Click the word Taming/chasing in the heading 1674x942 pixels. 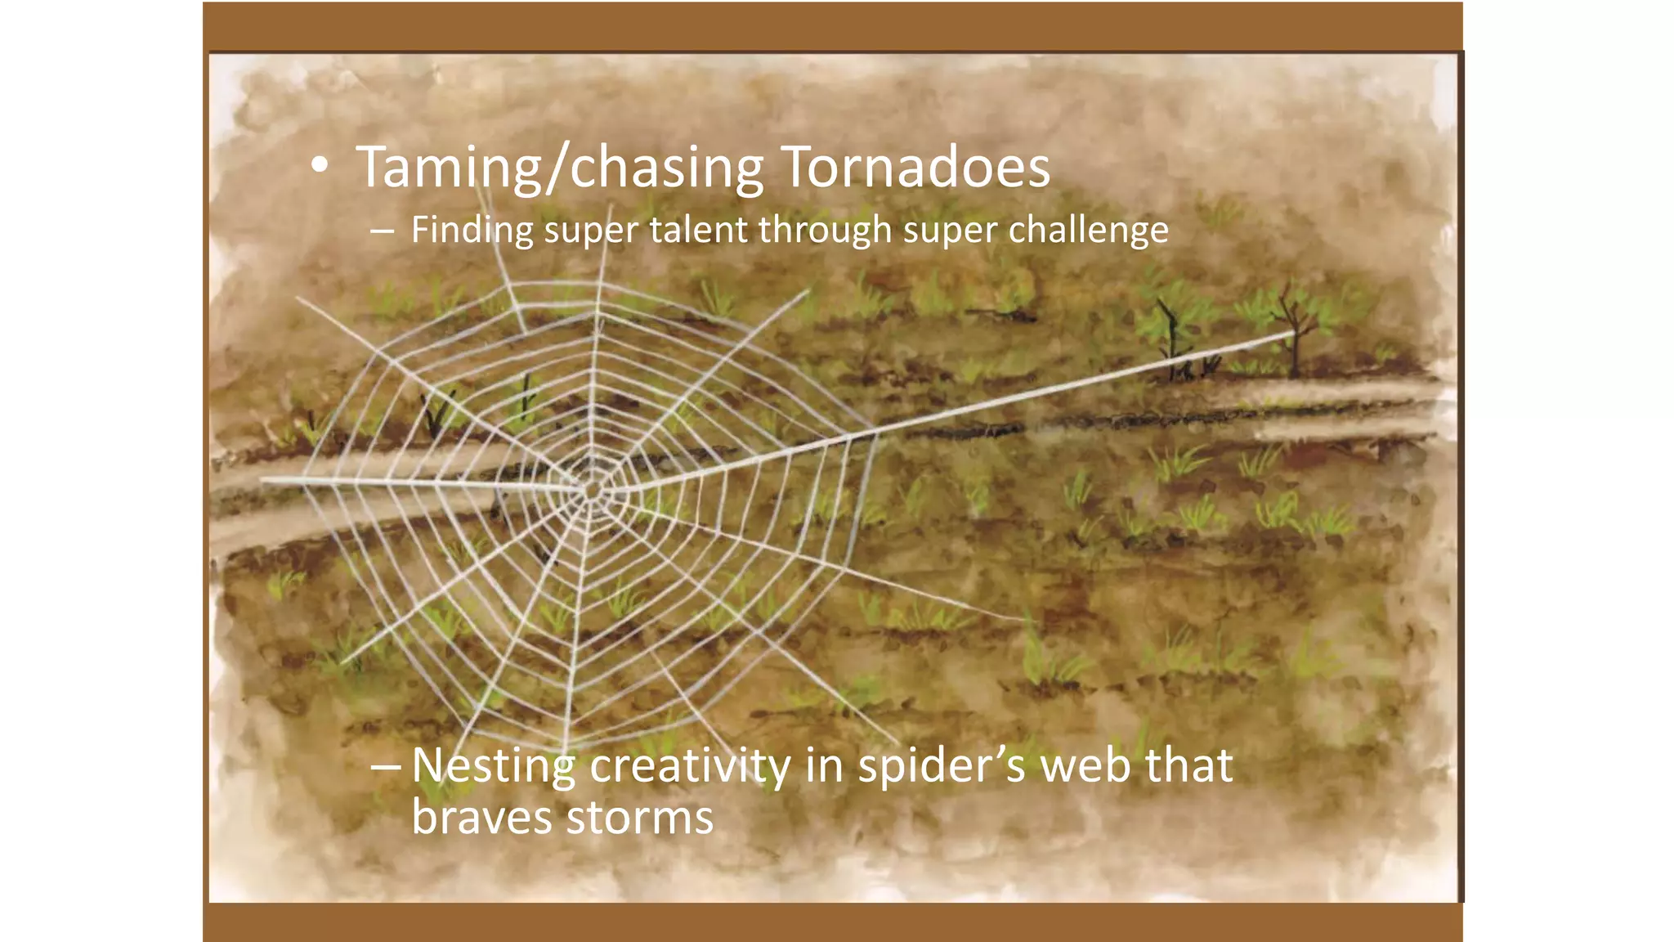tap(560, 168)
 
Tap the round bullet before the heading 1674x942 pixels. tap(320, 167)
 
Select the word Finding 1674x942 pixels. tap(472, 230)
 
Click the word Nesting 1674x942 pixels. tap(493, 766)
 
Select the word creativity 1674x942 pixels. tap(690, 766)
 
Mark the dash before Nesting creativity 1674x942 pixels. tap(385, 767)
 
